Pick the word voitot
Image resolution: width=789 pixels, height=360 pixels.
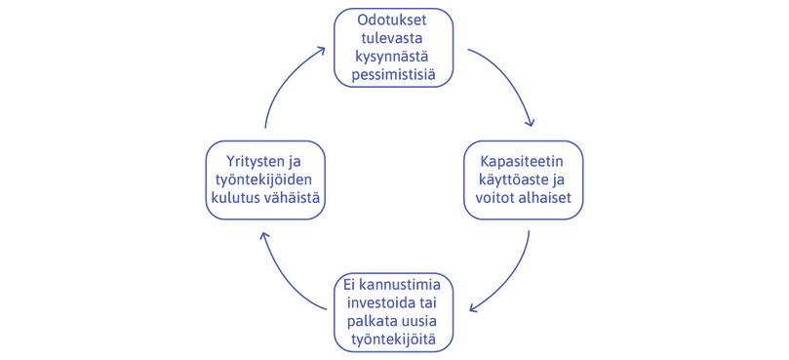coord(491,198)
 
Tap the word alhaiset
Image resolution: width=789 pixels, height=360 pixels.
coord(547,198)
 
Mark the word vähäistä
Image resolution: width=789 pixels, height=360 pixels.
coord(292,198)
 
